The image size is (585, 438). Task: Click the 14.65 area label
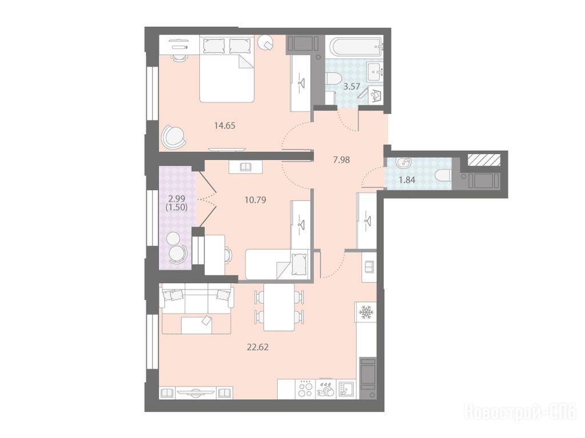click(x=225, y=126)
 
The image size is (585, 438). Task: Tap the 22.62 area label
click(x=258, y=347)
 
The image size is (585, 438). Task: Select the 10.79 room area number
click(x=255, y=200)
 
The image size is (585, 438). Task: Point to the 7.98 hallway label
click(x=342, y=160)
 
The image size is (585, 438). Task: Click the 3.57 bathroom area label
click(x=351, y=87)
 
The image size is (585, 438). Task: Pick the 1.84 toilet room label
click(x=407, y=180)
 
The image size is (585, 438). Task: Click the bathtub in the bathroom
click(x=356, y=46)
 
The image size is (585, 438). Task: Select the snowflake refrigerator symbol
click(x=366, y=312)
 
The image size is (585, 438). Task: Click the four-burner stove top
click(x=306, y=389)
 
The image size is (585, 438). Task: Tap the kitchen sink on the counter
click(x=347, y=389)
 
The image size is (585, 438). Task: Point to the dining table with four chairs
click(x=279, y=307)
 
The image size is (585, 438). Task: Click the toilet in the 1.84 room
click(x=443, y=175)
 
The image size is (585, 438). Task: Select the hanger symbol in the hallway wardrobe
click(x=367, y=219)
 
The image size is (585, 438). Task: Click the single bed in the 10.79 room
click(x=278, y=264)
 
